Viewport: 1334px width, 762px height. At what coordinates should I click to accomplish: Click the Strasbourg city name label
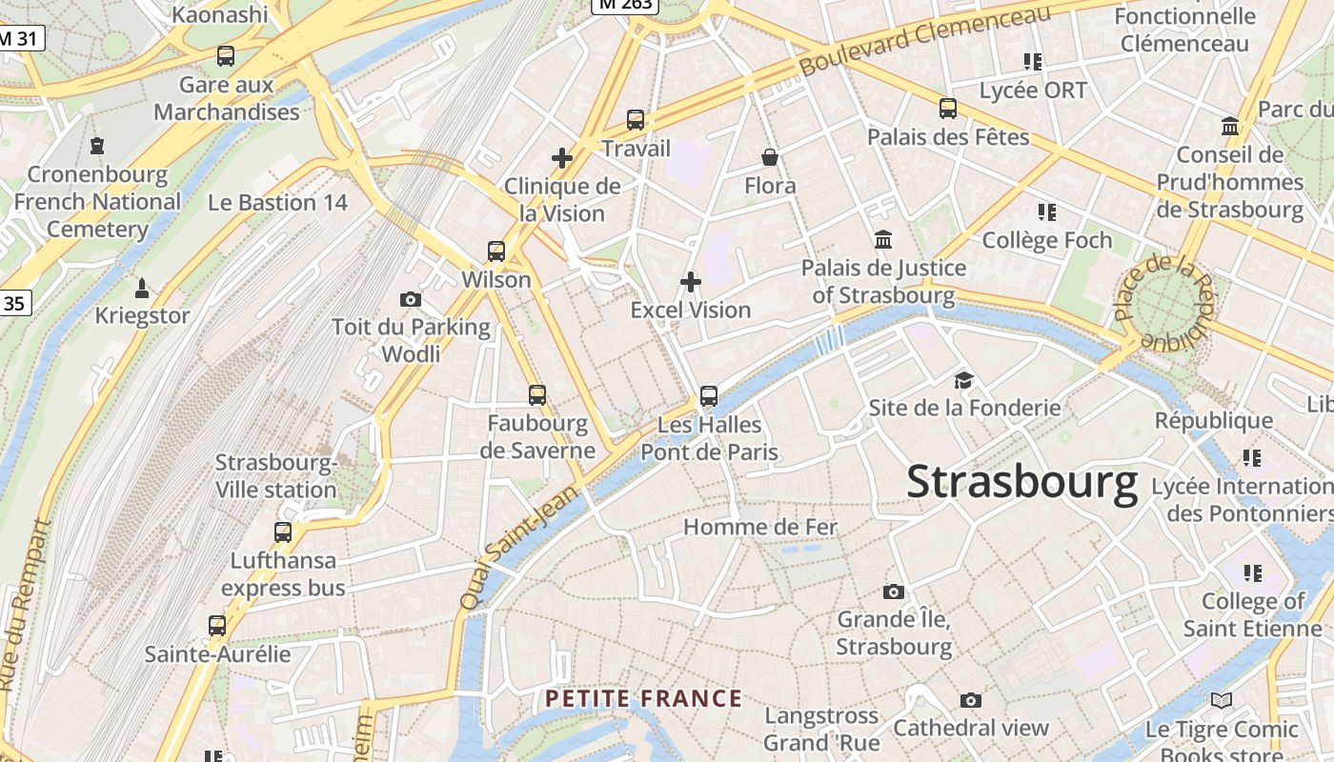[x=1021, y=482]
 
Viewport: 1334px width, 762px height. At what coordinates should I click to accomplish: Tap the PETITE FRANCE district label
[x=643, y=699]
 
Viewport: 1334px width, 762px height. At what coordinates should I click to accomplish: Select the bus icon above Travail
[x=636, y=120]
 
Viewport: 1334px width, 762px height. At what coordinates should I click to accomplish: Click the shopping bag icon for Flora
[x=770, y=157]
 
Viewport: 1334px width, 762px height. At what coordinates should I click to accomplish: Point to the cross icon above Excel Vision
[x=691, y=282]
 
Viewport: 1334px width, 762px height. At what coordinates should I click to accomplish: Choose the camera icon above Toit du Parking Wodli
[x=411, y=300]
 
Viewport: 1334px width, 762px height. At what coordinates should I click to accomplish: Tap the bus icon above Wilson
[x=496, y=251]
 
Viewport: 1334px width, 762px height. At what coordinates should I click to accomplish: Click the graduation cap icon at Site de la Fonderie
[x=964, y=381]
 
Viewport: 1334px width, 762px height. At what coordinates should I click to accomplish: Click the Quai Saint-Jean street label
[x=519, y=548]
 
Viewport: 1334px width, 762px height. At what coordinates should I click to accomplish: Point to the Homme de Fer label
[x=760, y=527]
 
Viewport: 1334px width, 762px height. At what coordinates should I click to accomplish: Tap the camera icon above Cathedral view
[x=971, y=701]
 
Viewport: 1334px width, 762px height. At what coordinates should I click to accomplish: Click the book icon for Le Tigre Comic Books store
[x=1222, y=701]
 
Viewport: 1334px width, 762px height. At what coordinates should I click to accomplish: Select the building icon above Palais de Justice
[x=883, y=240]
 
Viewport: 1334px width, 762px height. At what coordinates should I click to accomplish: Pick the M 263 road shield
[x=624, y=5]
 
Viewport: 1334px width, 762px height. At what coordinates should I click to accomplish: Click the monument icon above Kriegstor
[x=142, y=288]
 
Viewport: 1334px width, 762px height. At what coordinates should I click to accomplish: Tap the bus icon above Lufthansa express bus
[x=283, y=532]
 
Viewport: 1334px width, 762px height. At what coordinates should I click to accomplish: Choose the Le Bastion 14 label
[x=277, y=203]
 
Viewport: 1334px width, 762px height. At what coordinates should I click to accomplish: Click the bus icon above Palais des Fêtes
[x=948, y=109]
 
